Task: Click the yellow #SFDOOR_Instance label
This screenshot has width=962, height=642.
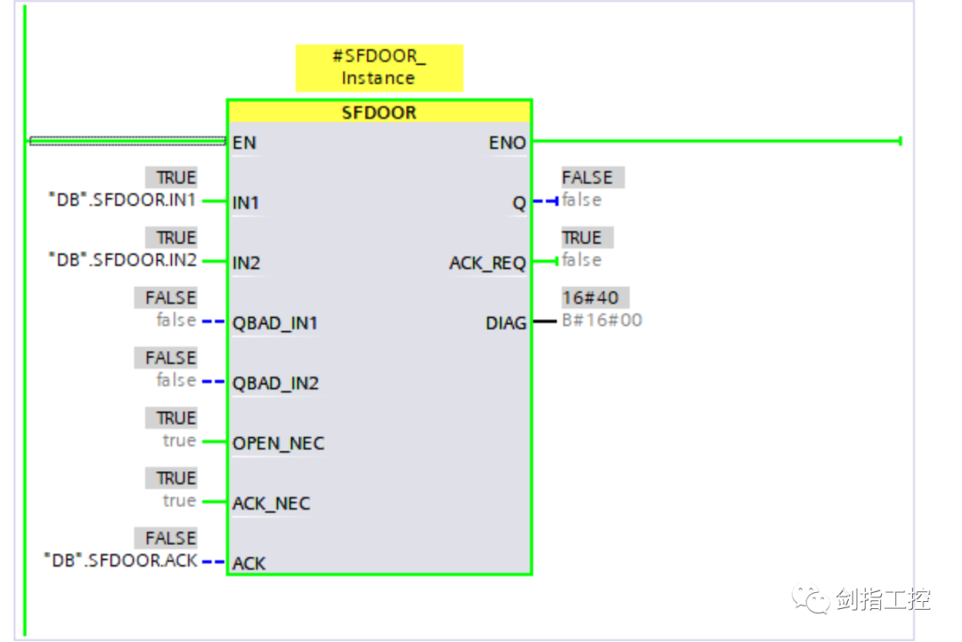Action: click(x=379, y=68)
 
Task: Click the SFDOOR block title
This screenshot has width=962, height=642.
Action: click(x=379, y=112)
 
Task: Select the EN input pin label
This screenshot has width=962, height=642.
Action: click(x=244, y=142)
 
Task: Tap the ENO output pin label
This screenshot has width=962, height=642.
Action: click(x=508, y=142)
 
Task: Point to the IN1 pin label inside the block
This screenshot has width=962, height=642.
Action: click(x=246, y=202)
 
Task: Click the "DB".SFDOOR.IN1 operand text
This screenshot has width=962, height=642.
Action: click(x=122, y=199)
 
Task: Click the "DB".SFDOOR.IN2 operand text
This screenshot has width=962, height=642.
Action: click(x=123, y=260)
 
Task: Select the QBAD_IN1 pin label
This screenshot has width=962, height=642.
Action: click(x=275, y=323)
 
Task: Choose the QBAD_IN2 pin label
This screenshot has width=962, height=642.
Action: click(x=275, y=383)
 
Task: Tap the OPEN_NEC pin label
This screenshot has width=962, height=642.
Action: click(x=279, y=443)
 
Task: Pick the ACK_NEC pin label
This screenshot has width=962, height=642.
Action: click(x=271, y=503)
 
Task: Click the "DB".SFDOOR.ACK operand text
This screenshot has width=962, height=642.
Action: click(x=121, y=560)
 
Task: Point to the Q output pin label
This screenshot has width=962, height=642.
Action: click(x=519, y=203)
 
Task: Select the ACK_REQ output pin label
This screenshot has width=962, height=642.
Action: click(x=488, y=263)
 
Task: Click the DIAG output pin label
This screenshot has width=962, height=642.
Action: click(x=506, y=323)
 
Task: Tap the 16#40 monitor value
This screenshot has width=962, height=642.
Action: click(x=591, y=298)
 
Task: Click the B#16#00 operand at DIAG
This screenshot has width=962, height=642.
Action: click(x=602, y=320)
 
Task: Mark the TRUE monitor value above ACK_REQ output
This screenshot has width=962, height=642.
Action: click(x=582, y=238)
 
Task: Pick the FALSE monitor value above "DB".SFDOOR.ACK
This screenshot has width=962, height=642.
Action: click(x=170, y=539)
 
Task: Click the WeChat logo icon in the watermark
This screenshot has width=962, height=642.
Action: click(x=811, y=598)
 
